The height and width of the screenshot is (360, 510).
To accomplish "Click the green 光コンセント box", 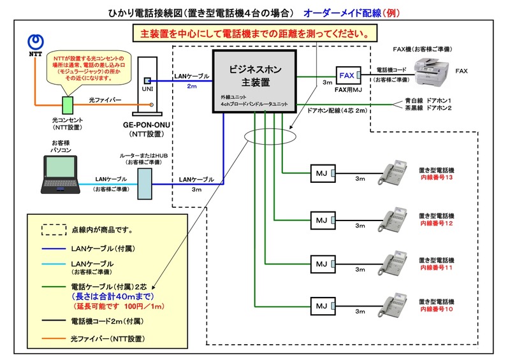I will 66,104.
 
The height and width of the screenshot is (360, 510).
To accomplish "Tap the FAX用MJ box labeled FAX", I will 348,76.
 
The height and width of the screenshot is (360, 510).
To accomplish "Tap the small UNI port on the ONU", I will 146,81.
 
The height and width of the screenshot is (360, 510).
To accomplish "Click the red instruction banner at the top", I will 252,32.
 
